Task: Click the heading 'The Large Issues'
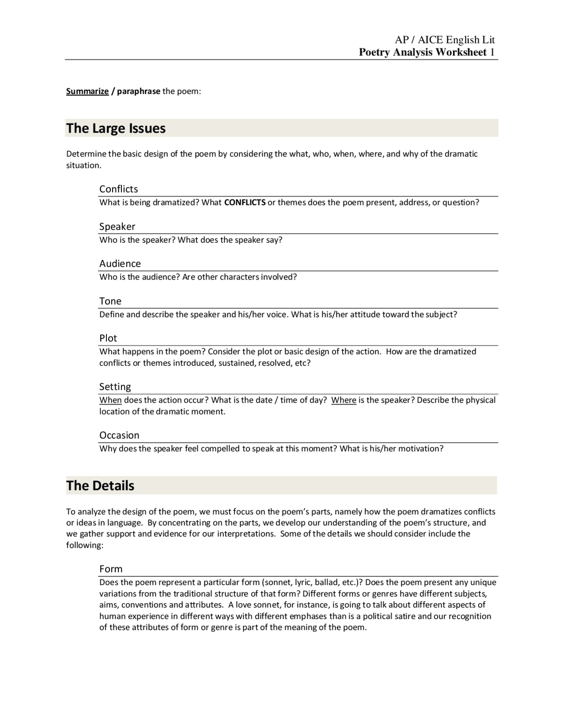pyautogui.click(x=116, y=128)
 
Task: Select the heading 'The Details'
pyautogui.click(x=100, y=486)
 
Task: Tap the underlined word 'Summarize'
pyautogui.click(x=88, y=91)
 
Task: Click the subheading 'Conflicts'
pyautogui.click(x=118, y=189)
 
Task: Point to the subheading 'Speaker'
pyautogui.click(x=117, y=226)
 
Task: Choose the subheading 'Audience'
pyautogui.click(x=120, y=263)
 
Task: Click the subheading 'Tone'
pyautogui.click(x=110, y=301)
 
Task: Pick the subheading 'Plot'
pyautogui.click(x=108, y=338)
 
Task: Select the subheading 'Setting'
pyautogui.click(x=115, y=387)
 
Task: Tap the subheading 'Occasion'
pyautogui.click(x=119, y=435)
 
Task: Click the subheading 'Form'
pyautogui.click(x=111, y=569)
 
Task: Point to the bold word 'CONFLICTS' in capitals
pyautogui.click(x=245, y=203)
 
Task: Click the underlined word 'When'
pyautogui.click(x=110, y=400)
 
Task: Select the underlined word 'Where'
pyautogui.click(x=344, y=400)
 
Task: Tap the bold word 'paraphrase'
pyautogui.click(x=139, y=91)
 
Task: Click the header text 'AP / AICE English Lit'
pyautogui.click(x=445, y=40)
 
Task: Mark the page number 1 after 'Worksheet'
pyautogui.click(x=492, y=52)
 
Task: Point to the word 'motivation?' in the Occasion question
pyautogui.click(x=420, y=449)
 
